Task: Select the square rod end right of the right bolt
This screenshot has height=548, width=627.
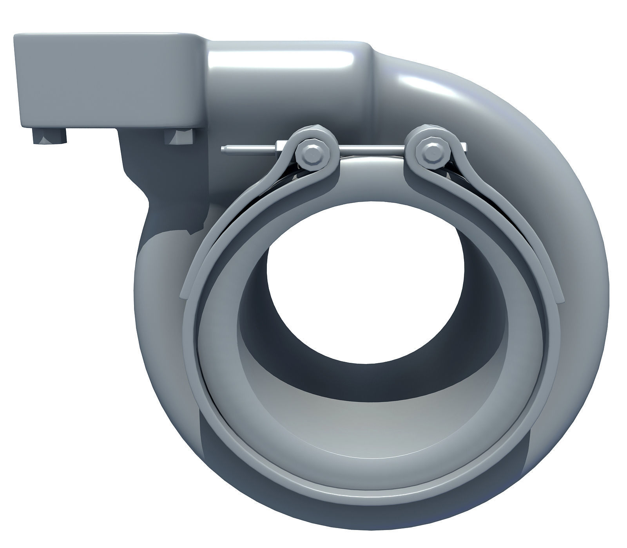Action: (x=463, y=146)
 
